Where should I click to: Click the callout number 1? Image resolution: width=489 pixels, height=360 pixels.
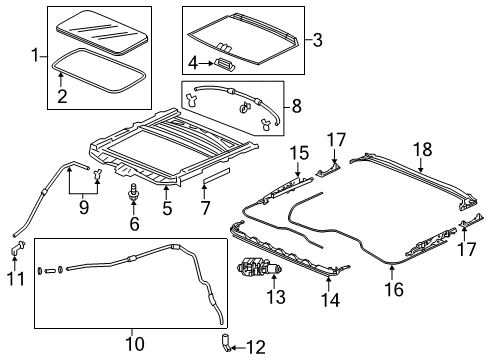[35, 55]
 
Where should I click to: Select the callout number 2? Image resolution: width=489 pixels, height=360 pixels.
[62, 96]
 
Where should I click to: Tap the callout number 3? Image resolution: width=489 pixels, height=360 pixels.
[317, 40]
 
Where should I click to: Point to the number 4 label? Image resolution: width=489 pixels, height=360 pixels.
[193, 63]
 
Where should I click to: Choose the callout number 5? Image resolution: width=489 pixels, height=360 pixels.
[167, 209]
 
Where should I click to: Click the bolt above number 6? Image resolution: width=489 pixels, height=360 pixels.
[134, 193]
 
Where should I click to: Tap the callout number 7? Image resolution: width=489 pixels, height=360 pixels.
[205, 208]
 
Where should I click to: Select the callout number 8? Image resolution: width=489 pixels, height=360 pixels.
[296, 106]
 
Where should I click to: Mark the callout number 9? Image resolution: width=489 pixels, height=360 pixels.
[84, 207]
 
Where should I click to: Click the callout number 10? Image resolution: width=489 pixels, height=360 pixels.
[135, 344]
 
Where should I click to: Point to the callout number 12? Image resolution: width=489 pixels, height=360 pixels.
[256, 348]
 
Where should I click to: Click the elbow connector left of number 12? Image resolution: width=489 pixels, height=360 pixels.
[225, 342]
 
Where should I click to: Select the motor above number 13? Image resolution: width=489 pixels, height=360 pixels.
[259, 267]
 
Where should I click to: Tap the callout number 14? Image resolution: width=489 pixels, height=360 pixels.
[330, 300]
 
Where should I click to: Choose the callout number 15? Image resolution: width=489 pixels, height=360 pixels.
[299, 153]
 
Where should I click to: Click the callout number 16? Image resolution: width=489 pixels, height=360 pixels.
[394, 289]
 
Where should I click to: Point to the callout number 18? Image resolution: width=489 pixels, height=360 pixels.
[423, 149]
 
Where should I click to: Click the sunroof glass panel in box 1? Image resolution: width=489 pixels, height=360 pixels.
[101, 33]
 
